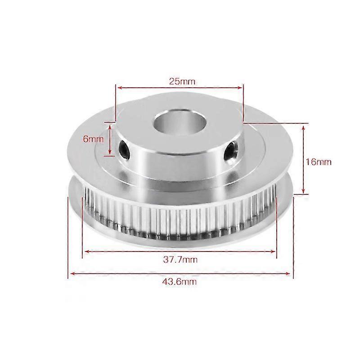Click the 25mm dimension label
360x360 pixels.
click(x=179, y=82)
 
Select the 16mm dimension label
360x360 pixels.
click(x=320, y=162)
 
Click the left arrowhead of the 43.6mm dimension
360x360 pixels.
click(x=71, y=273)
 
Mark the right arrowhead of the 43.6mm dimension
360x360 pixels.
click(x=290, y=273)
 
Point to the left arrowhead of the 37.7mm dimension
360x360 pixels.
click(x=85, y=252)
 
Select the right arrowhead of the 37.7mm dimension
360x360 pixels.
click(x=273, y=252)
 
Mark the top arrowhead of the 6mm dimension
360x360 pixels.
click(x=111, y=125)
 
